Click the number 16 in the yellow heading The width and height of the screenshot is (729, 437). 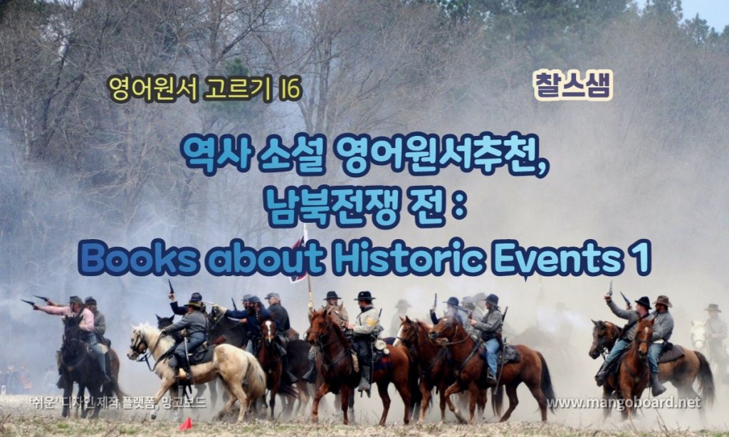290,89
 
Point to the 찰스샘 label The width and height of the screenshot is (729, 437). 573,85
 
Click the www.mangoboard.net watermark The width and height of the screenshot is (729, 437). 623,403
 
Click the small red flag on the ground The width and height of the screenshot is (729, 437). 185,424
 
